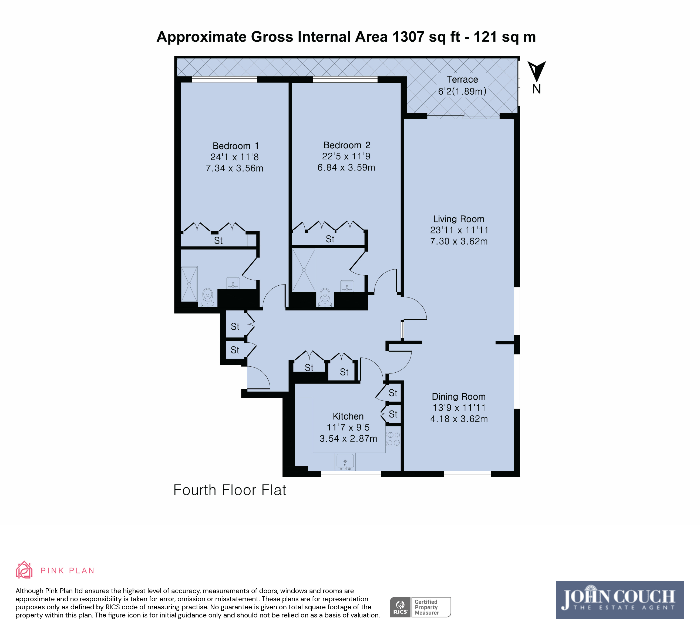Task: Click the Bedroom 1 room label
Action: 235,146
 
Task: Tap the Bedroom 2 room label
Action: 347,145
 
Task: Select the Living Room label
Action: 458,219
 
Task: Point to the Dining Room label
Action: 458,397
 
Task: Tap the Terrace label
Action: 462,79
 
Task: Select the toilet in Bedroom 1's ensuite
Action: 208,298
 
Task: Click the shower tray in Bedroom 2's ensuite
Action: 304,270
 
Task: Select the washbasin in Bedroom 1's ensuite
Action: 233,283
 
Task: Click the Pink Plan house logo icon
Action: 24,570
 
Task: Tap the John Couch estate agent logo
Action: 620,600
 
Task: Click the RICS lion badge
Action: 400,607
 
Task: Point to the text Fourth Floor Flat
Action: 230,490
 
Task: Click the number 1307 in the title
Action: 408,37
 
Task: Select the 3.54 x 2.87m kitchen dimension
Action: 348,439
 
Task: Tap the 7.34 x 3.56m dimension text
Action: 234,168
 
